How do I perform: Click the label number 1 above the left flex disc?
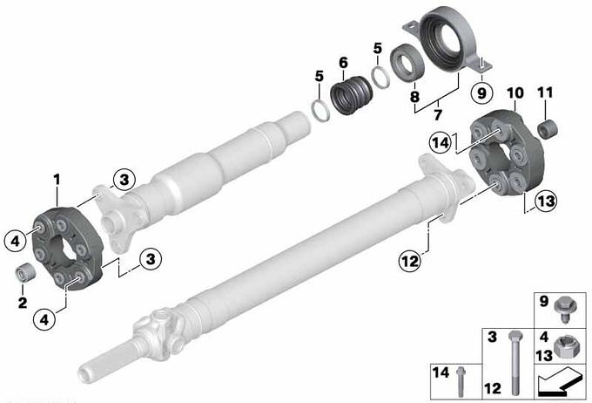coord(57,180)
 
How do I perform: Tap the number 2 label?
coord(23,303)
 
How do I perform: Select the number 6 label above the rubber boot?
coord(343,63)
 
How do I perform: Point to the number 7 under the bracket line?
coord(438,114)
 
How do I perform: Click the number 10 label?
coord(515,93)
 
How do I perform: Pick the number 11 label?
coord(545,92)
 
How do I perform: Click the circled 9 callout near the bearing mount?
coord(481,92)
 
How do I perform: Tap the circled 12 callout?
coord(410,261)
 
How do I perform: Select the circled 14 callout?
coord(441,143)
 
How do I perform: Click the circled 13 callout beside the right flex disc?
coord(547,201)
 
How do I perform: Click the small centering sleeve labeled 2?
coord(25,272)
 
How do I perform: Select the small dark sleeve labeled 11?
coord(548,128)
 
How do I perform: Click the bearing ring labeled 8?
coord(407,63)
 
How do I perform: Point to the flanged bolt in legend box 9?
coord(563,311)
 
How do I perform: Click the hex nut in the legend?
coord(562,346)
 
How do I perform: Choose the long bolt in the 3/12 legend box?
coord(515,363)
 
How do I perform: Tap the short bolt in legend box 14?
coord(461,381)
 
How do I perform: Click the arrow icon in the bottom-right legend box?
coord(558,382)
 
